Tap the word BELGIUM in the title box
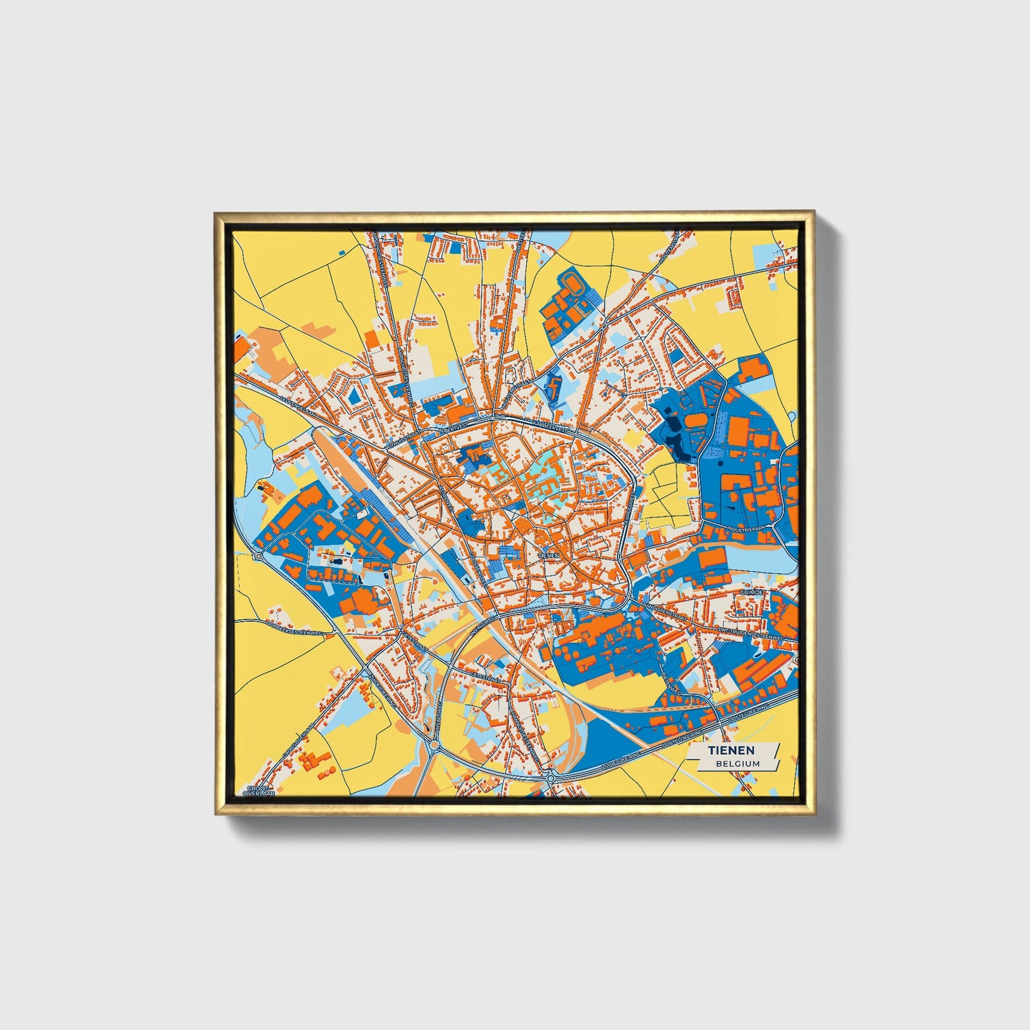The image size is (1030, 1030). [x=738, y=763]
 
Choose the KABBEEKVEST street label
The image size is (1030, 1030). [x=551, y=429]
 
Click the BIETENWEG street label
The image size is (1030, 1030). [x=673, y=685]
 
